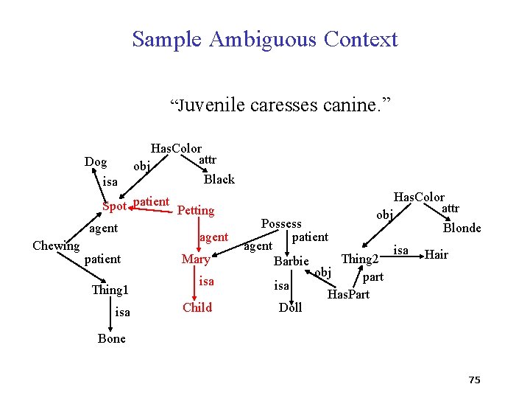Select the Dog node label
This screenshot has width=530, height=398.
pyautogui.click(x=96, y=162)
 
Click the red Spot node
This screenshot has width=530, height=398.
pyautogui.click(x=114, y=206)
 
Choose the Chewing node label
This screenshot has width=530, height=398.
pyautogui.click(x=56, y=246)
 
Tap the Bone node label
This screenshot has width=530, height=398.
pyautogui.click(x=111, y=339)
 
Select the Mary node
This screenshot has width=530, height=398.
pyautogui.click(x=196, y=259)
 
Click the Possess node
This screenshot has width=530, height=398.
pyautogui.click(x=281, y=224)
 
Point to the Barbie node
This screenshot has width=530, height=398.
pyautogui.click(x=291, y=262)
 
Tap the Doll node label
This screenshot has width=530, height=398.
pyautogui.click(x=290, y=308)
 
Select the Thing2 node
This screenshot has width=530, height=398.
pyautogui.click(x=360, y=259)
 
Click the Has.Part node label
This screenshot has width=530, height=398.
pyautogui.click(x=348, y=295)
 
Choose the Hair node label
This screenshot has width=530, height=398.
pyautogui.click(x=437, y=255)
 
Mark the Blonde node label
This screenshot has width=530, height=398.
pyautogui.click(x=462, y=228)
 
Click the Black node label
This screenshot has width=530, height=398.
pyautogui.click(x=219, y=179)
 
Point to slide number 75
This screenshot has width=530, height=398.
pyautogui.click(x=474, y=380)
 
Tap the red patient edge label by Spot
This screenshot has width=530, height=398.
pyautogui.click(x=152, y=202)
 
